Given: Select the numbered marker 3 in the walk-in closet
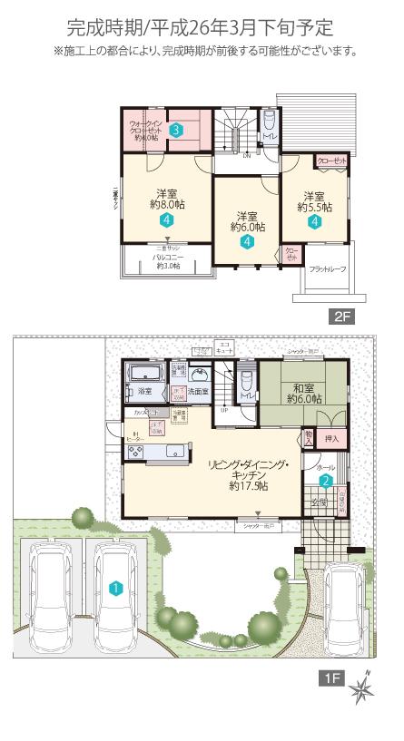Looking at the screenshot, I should tap(177, 131).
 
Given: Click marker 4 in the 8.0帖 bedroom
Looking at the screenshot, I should tap(166, 220).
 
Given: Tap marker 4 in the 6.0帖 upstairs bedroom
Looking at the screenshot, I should tap(247, 242).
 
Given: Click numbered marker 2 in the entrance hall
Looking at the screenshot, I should tap(324, 482).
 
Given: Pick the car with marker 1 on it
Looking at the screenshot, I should tap(115, 590).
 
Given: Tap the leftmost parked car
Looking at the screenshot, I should tap(52, 590).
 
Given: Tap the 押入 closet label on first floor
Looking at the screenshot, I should tap(332, 439).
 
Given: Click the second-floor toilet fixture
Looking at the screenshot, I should tap(269, 123).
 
